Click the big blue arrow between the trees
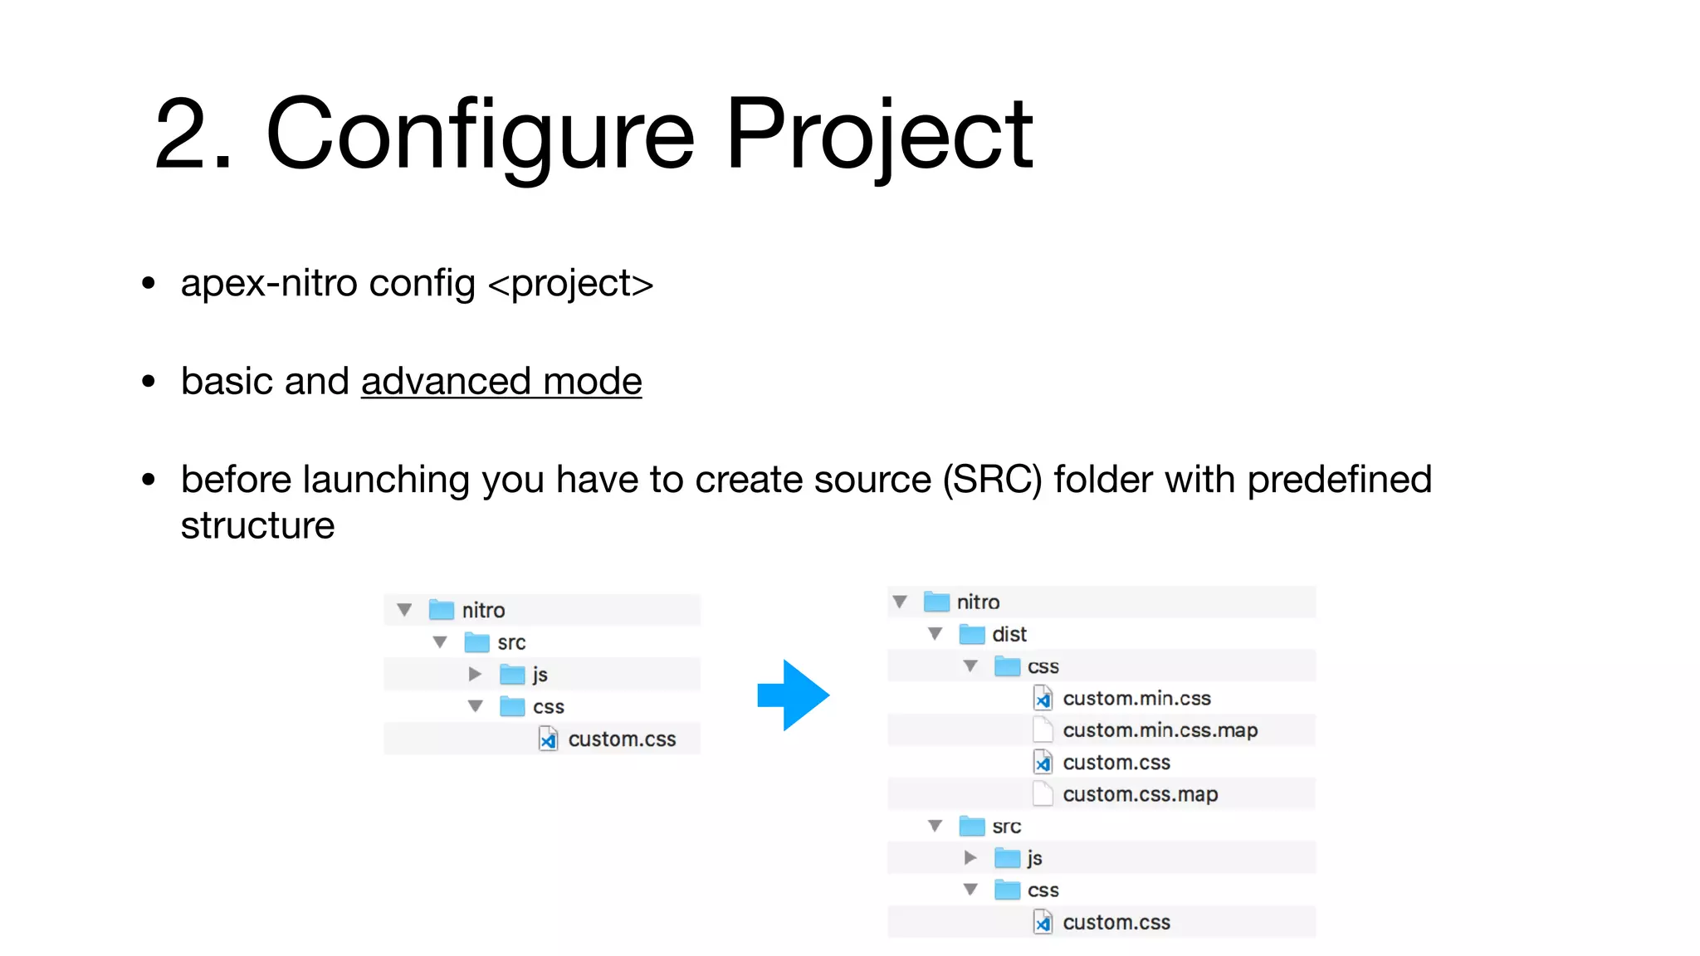point(794,695)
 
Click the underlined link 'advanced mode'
point(501,382)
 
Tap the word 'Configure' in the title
point(479,134)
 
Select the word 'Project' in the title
point(879,134)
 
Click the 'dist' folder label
point(1009,635)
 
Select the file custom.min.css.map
point(1159,730)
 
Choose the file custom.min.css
point(1136,699)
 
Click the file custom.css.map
point(1140,794)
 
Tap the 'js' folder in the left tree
point(540,675)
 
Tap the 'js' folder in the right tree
point(1033,858)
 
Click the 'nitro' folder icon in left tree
point(441,610)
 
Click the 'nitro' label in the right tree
point(978,602)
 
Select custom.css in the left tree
point(621,739)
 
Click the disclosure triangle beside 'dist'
point(935,634)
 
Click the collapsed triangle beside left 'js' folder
point(475,675)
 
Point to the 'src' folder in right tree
point(1006,827)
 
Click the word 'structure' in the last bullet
point(257,526)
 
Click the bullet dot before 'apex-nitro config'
point(149,284)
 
